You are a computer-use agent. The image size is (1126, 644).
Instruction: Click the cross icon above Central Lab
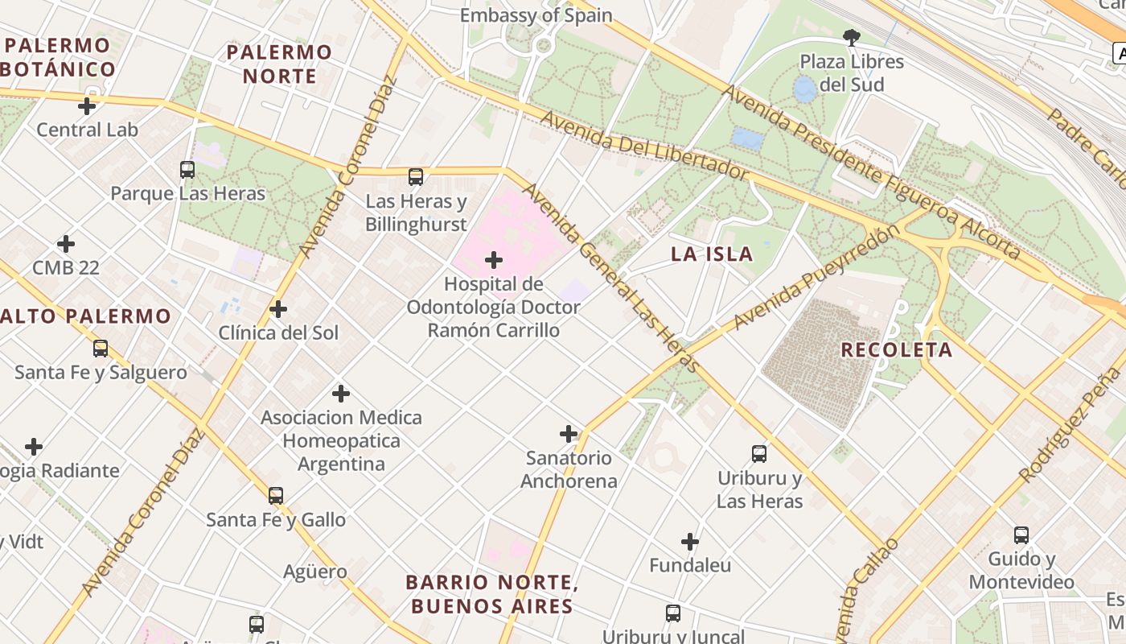coord(87,105)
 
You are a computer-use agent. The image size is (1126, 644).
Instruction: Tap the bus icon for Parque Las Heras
coord(187,170)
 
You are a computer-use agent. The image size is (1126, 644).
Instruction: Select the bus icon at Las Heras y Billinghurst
coord(416,177)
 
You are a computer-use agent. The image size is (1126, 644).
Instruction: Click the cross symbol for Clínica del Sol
coord(278,309)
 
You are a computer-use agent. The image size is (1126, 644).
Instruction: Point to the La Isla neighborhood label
coord(712,254)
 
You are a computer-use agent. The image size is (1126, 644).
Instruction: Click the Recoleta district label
coord(897,350)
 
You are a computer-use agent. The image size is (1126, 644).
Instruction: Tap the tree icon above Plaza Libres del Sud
coord(851,37)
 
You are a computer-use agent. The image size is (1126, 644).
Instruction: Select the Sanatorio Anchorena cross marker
coord(569,434)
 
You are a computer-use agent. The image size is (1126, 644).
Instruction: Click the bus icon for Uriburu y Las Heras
coord(759,454)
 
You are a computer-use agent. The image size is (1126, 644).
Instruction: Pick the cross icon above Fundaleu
coord(690,542)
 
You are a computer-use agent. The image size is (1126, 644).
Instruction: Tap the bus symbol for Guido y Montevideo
coord(1021,535)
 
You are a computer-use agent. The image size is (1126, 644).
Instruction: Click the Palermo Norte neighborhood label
coord(279,64)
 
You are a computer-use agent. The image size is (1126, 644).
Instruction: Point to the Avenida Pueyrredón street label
coord(816,278)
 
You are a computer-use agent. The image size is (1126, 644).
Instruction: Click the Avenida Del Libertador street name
coord(643,145)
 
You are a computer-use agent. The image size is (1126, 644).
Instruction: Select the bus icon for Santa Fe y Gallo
coord(276,496)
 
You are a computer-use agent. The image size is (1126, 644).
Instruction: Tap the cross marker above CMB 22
coord(66,244)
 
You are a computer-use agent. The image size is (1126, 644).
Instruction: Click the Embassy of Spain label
coord(536,15)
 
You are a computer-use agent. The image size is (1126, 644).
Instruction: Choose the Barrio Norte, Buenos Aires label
coord(491,594)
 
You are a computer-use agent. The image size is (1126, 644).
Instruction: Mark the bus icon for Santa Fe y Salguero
coord(101,349)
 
